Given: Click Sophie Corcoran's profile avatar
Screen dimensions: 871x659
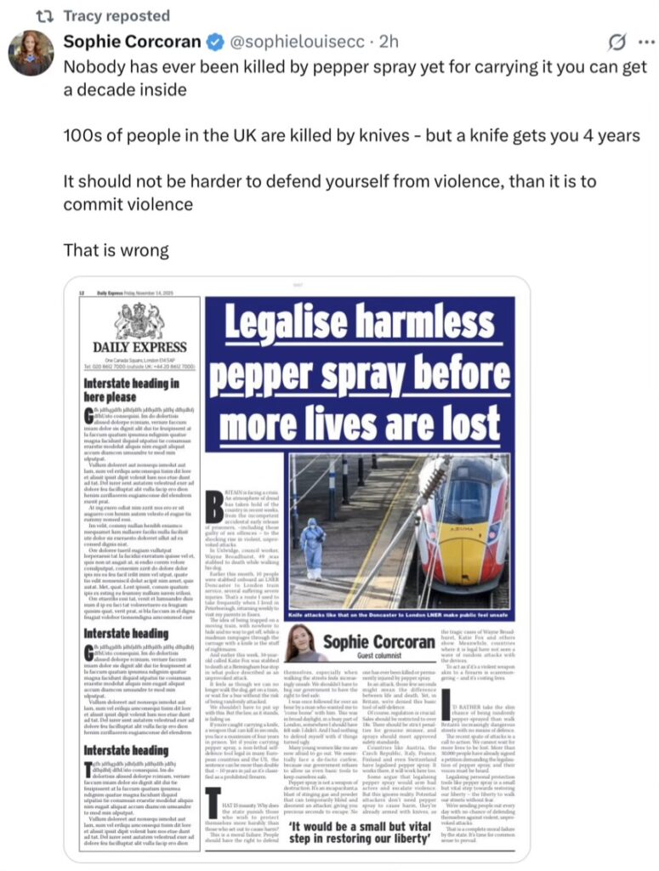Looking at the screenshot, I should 31,53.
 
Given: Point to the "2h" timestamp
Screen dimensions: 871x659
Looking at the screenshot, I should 389,42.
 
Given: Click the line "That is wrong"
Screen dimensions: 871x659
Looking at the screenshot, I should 116,250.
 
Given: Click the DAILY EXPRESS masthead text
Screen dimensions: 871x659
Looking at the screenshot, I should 140,347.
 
